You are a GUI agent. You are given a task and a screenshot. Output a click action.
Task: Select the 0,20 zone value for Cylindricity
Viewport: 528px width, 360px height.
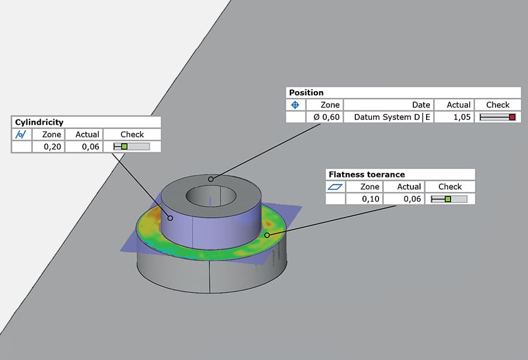52,146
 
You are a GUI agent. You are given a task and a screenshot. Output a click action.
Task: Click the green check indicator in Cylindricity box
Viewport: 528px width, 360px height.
124,146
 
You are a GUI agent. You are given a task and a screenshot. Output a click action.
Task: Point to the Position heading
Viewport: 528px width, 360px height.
306,92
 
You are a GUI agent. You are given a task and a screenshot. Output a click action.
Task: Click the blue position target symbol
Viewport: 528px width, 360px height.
295,104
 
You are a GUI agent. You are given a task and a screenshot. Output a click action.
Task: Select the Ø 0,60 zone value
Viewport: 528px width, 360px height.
327,117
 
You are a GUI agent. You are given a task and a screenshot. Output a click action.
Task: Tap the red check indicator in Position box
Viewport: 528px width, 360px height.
512,117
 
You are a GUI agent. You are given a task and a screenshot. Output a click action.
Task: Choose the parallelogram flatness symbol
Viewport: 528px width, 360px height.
335,187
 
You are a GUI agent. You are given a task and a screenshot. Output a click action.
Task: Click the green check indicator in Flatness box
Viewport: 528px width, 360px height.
448,199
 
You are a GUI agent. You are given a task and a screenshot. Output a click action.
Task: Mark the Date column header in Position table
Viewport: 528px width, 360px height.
421,104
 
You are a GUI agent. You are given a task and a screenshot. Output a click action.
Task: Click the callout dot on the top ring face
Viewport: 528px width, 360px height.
211,179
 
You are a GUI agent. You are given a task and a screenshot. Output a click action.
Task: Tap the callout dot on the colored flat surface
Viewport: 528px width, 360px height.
267,235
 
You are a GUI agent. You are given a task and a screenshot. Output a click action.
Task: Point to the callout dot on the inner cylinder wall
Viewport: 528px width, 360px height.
171,218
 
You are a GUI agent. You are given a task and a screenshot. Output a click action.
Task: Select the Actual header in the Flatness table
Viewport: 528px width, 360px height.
409,187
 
